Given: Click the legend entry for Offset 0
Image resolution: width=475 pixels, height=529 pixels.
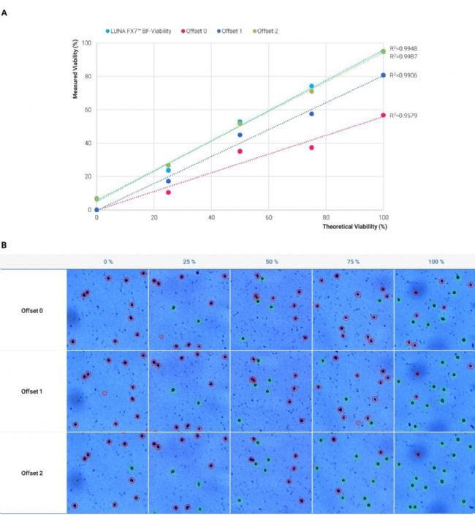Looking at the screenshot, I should pyautogui.click(x=194, y=31).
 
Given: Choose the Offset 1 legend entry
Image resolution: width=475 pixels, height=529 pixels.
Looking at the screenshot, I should pyautogui.click(x=232, y=31).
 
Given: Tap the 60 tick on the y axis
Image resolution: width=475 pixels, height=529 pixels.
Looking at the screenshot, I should pyautogui.click(x=87, y=110).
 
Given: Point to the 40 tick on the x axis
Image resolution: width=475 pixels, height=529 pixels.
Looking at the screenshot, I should pyautogui.click(x=211, y=218).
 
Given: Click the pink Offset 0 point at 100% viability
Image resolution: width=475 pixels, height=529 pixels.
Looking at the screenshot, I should pyautogui.click(x=383, y=115).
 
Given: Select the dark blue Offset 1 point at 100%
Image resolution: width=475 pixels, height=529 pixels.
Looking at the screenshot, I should pyautogui.click(x=383, y=75).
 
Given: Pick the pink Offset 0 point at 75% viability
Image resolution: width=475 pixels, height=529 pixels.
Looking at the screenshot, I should pyautogui.click(x=311, y=148).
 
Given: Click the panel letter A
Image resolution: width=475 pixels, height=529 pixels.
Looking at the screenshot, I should pyautogui.click(x=5, y=12).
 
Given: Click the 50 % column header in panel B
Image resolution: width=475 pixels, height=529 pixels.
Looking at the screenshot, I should pyautogui.click(x=270, y=261).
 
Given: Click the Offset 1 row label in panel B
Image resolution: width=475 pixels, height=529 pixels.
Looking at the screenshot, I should pyautogui.click(x=32, y=391).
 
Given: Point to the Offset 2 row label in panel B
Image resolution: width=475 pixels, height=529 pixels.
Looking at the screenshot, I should pyautogui.click(x=32, y=473).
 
